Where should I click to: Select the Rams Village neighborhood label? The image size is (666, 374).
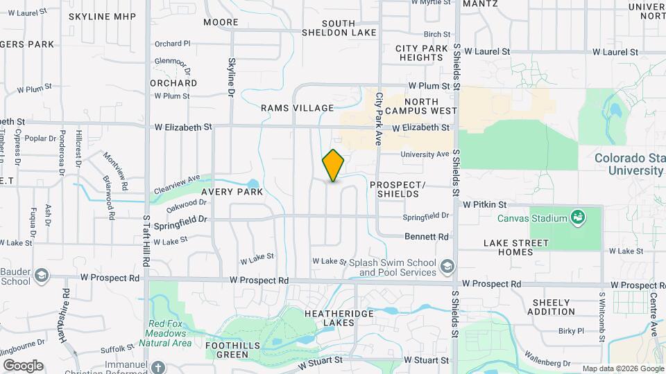point(298,108)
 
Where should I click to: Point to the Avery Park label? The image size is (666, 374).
point(232,192)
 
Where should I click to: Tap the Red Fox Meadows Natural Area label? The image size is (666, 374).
point(170,333)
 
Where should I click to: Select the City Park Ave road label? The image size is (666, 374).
point(379,118)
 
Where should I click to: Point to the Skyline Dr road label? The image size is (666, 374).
point(232,78)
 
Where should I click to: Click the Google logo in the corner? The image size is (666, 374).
point(23,365)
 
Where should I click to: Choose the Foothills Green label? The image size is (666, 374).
point(227,350)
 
